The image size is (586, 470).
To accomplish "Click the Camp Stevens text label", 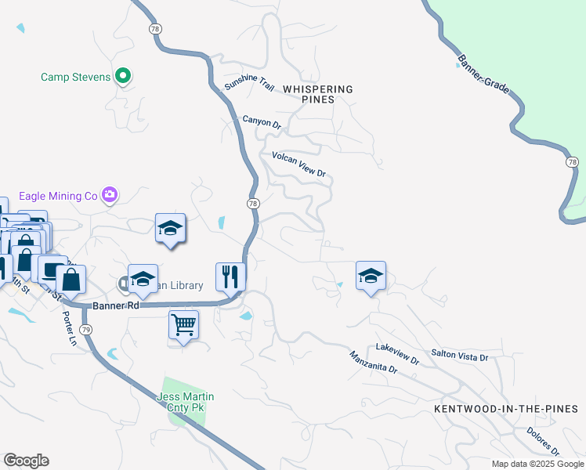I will click(x=75, y=77).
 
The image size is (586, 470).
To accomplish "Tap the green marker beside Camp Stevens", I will click(x=122, y=76).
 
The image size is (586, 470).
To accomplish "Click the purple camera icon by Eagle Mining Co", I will click(x=110, y=194).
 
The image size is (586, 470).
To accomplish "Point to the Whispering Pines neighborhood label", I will click(x=317, y=94).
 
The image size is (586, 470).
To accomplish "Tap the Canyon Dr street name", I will click(x=261, y=122).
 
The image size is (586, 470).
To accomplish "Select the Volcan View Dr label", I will click(x=298, y=164).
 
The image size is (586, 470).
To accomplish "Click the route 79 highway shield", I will click(x=86, y=331).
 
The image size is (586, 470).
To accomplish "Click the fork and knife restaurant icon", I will click(x=230, y=275).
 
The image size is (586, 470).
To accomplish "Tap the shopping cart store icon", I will click(x=183, y=323).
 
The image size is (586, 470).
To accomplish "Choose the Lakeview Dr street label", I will click(x=397, y=352).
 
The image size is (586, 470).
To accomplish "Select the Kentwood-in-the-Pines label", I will click(x=505, y=409).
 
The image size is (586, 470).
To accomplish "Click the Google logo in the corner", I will click(x=26, y=461).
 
